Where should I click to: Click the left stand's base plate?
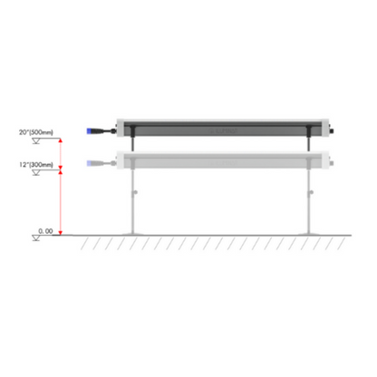click(x=133, y=234)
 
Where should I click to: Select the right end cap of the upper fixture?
click(x=332, y=130)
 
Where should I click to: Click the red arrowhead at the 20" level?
click(x=61, y=141)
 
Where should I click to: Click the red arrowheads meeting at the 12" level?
click(x=61, y=169)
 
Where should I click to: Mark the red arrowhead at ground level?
click(x=61, y=233)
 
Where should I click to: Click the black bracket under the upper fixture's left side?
click(x=133, y=143)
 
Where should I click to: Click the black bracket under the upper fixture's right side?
click(x=311, y=143)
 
